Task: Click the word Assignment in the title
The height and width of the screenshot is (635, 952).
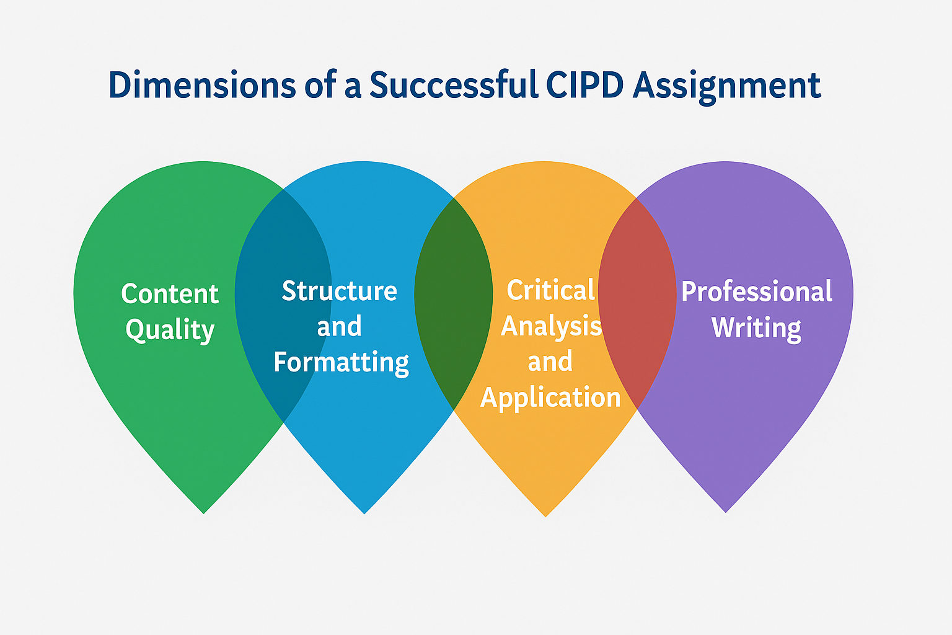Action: [727, 86]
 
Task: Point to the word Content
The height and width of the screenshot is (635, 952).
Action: [170, 293]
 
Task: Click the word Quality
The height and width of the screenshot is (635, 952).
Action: [170, 330]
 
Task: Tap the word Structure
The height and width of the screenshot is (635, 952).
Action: [339, 290]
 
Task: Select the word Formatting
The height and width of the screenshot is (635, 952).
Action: [342, 362]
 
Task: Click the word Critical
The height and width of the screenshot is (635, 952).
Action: [551, 290]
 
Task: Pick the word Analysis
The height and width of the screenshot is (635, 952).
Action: [551, 326]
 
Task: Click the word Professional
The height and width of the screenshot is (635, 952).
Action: [757, 291]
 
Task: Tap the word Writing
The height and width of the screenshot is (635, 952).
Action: [757, 327]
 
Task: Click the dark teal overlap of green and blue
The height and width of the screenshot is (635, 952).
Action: [283, 304]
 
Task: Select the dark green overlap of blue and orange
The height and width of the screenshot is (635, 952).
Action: [454, 304]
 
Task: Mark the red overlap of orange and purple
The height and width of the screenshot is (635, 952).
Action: [637, 304]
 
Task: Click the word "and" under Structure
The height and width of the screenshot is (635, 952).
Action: [339, 327]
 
